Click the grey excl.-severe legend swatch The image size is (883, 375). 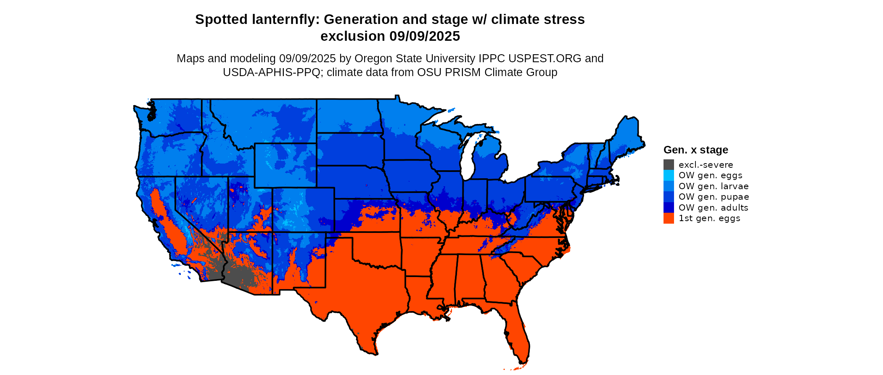click(669, 165)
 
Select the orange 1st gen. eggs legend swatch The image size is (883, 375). click(669, 218)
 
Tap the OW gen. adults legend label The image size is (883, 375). click(713, 208)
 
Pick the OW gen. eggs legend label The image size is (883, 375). click(710, 175)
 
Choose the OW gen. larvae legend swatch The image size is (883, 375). click(669, 186)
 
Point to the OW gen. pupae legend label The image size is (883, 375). click(714, 197)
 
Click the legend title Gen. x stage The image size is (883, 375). click(695, 150)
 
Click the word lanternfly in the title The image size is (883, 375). click(284, 19)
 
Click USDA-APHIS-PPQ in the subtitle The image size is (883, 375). click(272, 72)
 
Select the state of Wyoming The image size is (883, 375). click(285, 165)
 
